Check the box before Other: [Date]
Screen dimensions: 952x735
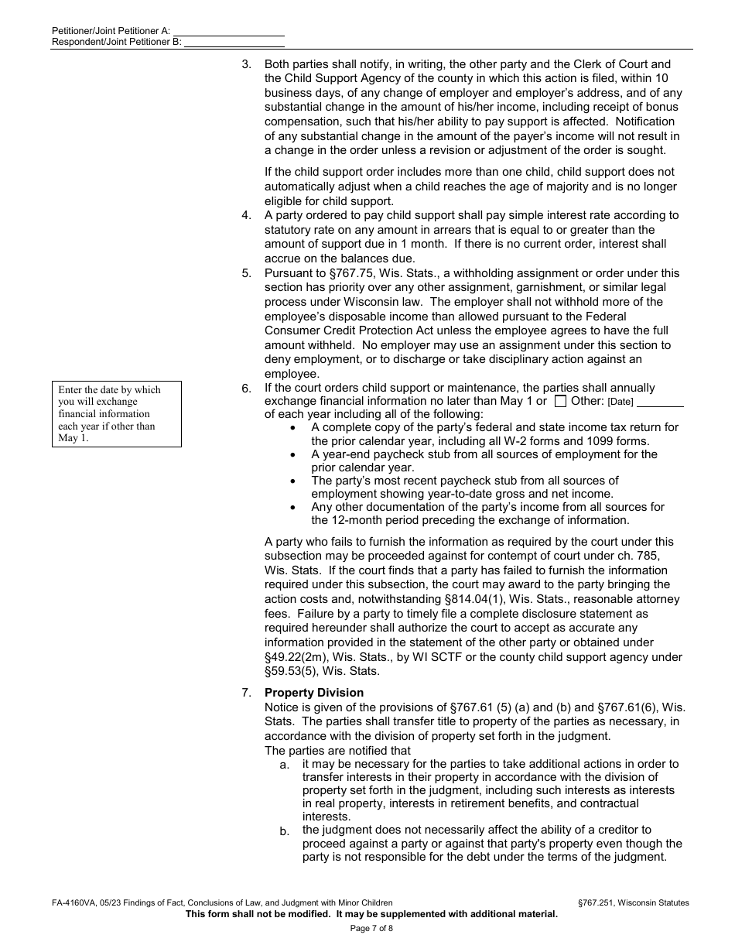(x=561, y=401)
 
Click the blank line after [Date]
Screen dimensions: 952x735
(x=660, y=401)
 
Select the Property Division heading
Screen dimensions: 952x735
(x=313, y=693)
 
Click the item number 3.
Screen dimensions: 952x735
(x=246, y=64)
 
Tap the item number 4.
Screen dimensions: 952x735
(x=246, y=215)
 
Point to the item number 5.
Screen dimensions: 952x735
(x=246, y=273)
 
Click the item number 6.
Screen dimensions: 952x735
(x=246, y=388)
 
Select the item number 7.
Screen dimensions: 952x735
(x=246, y=693)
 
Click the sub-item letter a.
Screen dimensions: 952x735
(x=285, y=765)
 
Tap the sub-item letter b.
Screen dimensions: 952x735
(x=285, y=831)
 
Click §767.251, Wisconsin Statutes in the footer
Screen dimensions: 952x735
(x=633, y=902)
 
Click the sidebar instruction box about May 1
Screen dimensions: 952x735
(x=117, y=414)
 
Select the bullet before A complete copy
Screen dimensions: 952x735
(x=292, y=428)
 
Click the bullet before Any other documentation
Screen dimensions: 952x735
(x=292, y=508)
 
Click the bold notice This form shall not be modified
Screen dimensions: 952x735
(x=371, y=914)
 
